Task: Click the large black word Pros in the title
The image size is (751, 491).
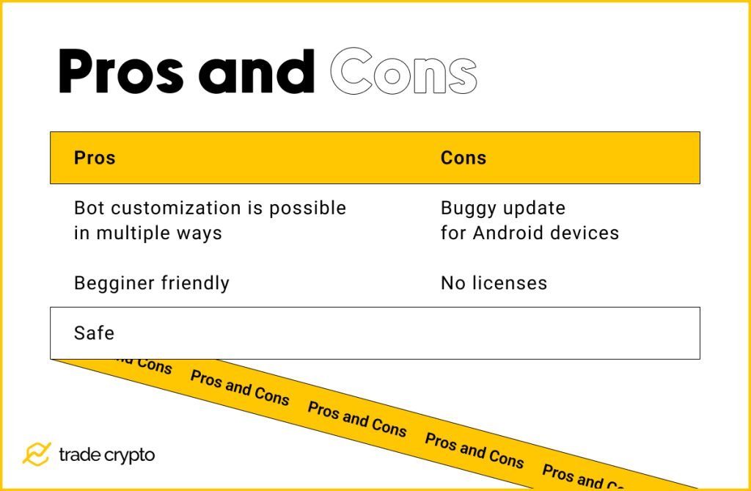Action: pos(121,73)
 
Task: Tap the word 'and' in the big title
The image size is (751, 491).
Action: pos(257,73)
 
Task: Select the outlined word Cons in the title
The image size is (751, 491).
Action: pos(403,73)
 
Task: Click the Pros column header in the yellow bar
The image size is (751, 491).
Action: pos(95,158)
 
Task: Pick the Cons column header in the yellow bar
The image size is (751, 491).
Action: pos(463,158)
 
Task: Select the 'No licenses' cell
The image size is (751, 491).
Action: pos(494,283)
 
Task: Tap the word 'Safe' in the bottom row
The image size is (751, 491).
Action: pos(94,333)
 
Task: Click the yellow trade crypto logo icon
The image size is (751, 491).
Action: pos(36,454)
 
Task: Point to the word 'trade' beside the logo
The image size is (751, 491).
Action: pos(77,455)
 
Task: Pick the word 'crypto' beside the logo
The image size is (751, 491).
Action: pos(128,456)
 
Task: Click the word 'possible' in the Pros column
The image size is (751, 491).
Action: pos(307,208)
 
